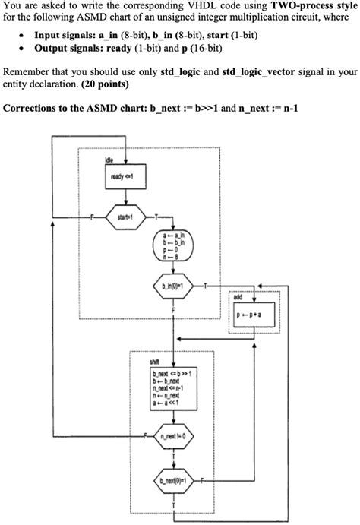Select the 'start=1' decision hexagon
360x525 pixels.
coord(122,217)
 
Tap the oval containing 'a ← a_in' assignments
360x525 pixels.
coord(174,248)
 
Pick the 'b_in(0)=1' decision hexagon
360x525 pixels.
coord(174,286)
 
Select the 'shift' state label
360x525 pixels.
coord(155,362)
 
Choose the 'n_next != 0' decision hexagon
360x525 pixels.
coord(174,438)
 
